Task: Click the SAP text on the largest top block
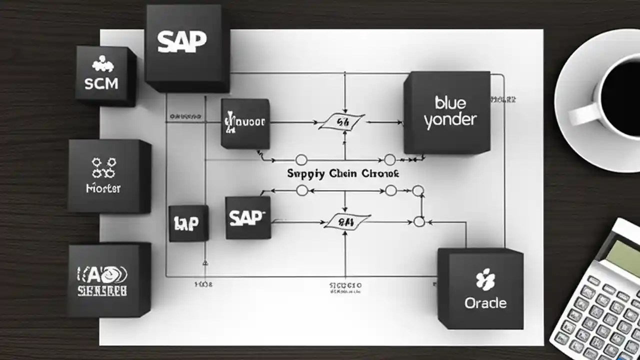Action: [x=181, y=42]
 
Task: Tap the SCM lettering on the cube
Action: [x=101, y=83]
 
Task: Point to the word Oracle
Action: [x=485, y=303]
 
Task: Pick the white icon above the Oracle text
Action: [x=485, y=279]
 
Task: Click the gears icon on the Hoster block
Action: [x=103, y=168]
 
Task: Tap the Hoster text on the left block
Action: [x=103, y=188]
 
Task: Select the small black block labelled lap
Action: [x=187, y=223]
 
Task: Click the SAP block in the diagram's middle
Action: [x=246, y=217]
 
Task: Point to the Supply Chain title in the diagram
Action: [x=343, y=173]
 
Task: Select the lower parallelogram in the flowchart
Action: [x=347, y=221]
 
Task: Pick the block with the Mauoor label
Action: [x=245, y=122]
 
